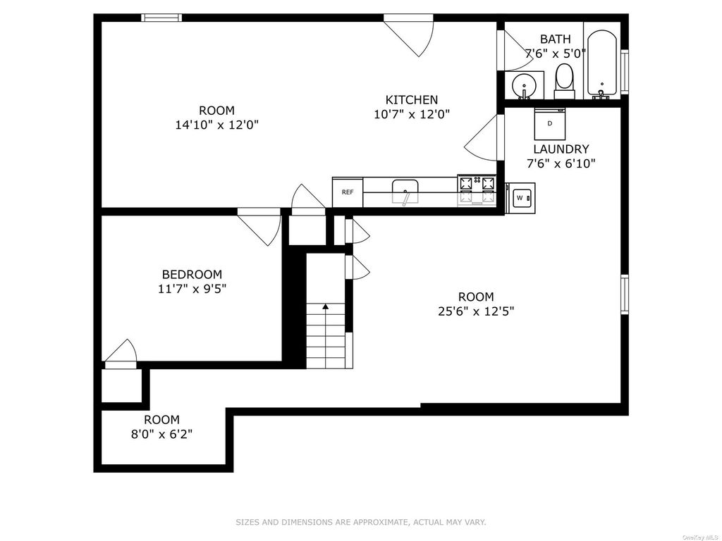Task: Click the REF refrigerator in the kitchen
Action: click(x=348, y=192)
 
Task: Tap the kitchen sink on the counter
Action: click(x=405, y=192)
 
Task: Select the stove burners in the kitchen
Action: click(x=477, y=190)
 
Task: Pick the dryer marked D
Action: click(x=550, y=124)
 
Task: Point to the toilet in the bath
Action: click(x=564, y=82)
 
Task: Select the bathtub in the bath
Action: click(x=602, y=64)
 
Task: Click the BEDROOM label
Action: click(x=192, y=275)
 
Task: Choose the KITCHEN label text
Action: click(x=412, y=100)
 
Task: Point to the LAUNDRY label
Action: click(x=561, y=149)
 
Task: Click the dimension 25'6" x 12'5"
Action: click(x=476, y=311)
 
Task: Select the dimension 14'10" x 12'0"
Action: click(x=217, y=125)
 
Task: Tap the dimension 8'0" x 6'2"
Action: click(x=161, y=434)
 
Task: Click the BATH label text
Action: click(x=556, y=39)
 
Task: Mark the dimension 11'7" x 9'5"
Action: click(x=192, y=289)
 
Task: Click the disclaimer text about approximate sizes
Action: click(x=361, y=522)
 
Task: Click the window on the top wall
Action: click(x=161, y=18)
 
